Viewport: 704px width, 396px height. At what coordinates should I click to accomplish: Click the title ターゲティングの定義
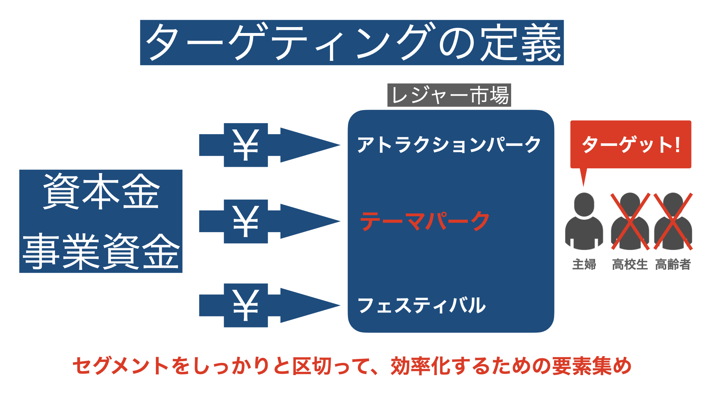click(x=352, y=43)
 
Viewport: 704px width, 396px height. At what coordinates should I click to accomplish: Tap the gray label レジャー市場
click(x=449, y=95)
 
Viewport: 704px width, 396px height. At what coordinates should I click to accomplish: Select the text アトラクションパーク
click(x=449, y=144)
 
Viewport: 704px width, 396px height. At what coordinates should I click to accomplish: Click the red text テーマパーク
click(x=425, y=221)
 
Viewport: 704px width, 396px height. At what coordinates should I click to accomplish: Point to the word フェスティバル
click(x=422, y=305)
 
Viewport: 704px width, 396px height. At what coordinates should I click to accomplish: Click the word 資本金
click(x=101, y=191)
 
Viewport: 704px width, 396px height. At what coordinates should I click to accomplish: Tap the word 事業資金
click(x=101, y=252)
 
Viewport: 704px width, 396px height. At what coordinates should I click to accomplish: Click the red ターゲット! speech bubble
click(x=631, y=144)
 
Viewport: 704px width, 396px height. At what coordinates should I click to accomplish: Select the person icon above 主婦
click(x=584, y=221)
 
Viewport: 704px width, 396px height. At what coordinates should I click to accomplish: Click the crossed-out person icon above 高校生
click(x=630, y=221)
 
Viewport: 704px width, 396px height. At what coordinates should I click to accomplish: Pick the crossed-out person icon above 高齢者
click(x=673, y=221)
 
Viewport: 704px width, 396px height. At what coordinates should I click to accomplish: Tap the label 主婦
click(x=584, y=264)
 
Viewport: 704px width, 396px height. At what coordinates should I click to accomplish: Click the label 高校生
click(x=630, y=264)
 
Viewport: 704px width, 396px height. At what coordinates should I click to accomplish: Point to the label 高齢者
click(x=673, y=264)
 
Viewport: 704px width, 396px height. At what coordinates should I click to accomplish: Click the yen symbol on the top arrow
click(x=246, y=145)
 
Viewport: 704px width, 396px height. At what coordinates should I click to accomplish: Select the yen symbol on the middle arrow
click(x=246, y=221)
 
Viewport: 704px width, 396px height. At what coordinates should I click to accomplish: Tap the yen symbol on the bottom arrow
click(x=246, y=305)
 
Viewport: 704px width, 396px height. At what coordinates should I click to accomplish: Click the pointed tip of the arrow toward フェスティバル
click(x=340, y=305)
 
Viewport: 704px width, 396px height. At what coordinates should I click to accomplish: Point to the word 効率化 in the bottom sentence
click(x=421, y=366)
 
